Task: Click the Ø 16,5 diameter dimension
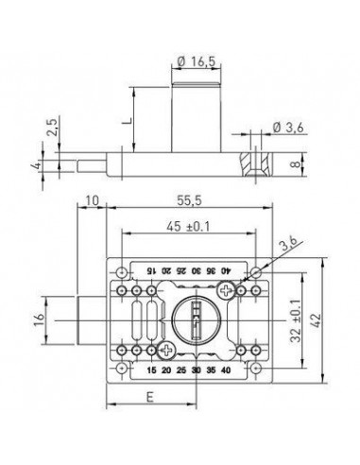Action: click(x=197, y=61)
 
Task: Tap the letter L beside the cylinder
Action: click(x=127, y=120)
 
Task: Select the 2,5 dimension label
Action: click(x=52, y=127)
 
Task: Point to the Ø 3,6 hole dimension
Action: click(x=288, y=128)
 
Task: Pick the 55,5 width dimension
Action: click(x=189, y=200)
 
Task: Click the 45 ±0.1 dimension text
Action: click(x=188, y=226)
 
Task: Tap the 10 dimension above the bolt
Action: click(x=93, y=200)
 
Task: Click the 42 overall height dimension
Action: click(x=317, y=319)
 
